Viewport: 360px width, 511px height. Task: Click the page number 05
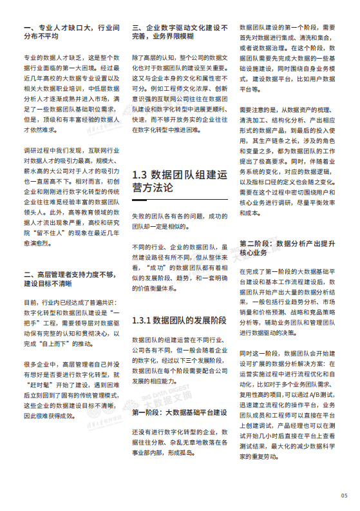[x=344, y=495]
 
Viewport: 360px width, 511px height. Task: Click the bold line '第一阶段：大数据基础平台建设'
[x=178, y=394]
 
